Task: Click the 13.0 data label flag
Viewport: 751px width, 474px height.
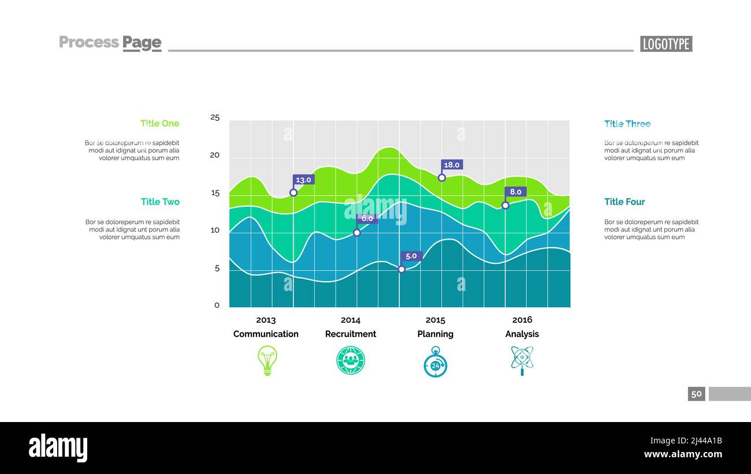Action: click(x=303, y=180)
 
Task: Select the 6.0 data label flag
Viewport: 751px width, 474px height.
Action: click(x=367, y=219)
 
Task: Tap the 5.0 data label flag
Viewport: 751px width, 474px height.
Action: click(x=411, y=256)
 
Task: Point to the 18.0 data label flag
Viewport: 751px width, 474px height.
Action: click(x=452, y=165)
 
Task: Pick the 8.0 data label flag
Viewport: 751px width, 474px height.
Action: click(x=515, y=192)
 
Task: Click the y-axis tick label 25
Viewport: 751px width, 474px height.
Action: click(x=215, y=118)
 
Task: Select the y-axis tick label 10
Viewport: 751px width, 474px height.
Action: click(x=215, y=230)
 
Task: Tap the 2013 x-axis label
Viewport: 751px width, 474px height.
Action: click(x=266, y=320)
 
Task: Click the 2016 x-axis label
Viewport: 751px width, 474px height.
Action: click(x=522, y=320)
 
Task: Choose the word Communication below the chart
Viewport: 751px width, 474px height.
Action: click(x=266, y=334)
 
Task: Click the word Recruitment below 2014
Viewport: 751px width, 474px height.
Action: click(x=351, y=334)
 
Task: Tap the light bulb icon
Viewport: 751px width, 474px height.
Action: click(x=267, y=361)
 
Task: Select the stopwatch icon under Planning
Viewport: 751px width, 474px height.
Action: click(x=436, y=362)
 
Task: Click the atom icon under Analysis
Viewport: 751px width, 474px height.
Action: click(x=522, y=360)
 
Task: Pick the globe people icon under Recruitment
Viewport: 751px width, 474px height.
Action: click(x=351, y=361)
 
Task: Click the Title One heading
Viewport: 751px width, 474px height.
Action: click(x=159, y=124)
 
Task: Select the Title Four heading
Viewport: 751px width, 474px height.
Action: click(x=624, y=201)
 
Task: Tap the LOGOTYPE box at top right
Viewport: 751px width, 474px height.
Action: click(x=666, y=44)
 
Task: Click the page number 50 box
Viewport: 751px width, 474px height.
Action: click(x=697, y=394)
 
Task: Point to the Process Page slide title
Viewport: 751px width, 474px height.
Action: click(x=110, y=42)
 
